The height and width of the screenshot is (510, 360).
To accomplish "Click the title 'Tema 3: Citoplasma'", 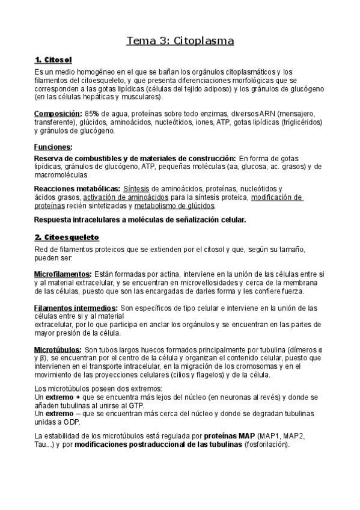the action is [x=180, y=41].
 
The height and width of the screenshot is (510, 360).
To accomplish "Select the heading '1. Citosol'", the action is [x=53, y=60].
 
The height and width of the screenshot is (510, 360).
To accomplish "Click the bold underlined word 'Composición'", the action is [x=58, y=114].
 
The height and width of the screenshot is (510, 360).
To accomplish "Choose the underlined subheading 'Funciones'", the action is [x=53, y=147].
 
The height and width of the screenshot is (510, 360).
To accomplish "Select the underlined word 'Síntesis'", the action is [x=136, y=189].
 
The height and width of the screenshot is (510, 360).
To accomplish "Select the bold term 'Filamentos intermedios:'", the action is [x=76, y=307].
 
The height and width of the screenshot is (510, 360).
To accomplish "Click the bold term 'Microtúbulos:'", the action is [x=58, y=349].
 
